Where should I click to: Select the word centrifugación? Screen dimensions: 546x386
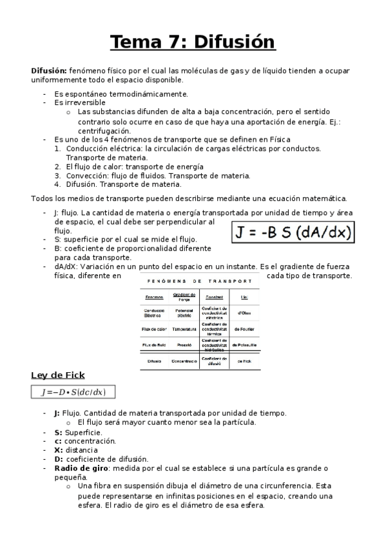[104, 130]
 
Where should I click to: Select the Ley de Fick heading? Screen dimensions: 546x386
[58, 375]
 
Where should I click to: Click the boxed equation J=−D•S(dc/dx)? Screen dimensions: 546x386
[73, 392]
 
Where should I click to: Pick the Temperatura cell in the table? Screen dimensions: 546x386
[184, 329]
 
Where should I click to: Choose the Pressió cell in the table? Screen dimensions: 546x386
[184, 345]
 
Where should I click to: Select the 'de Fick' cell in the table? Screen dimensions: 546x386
[245, 361]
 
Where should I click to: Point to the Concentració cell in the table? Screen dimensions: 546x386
[184, 361]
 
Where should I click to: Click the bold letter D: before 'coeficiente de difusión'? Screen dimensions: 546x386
[57, 459]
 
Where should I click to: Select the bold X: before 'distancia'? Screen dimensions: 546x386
[57, 450]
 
